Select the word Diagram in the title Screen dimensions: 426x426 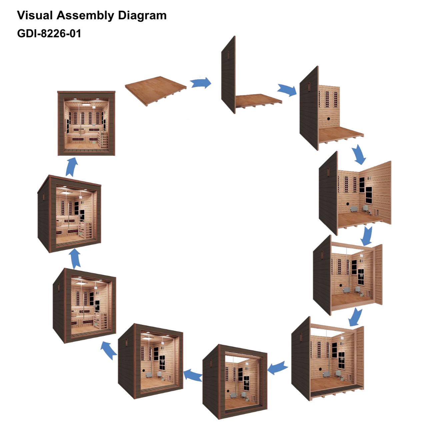[x=142, y=15]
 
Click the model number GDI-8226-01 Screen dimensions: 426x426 [x=49, y=33]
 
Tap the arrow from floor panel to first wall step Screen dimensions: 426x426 [x=201, y=83]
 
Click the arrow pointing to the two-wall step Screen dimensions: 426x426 [x=287, y=90]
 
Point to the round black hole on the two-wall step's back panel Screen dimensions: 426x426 [x=328, y=118]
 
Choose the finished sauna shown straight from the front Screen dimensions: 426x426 [x=86, y=123]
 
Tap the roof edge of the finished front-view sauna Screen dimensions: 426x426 [x=86, y=92]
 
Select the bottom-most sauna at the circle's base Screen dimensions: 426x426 [x=235, y=382]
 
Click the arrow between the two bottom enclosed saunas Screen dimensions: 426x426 [x=193, y=375]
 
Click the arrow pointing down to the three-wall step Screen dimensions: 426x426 [x=360, y=154]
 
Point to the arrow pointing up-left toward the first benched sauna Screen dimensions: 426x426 [x=109, y=350]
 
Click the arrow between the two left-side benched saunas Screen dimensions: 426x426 [x=75, y=258]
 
